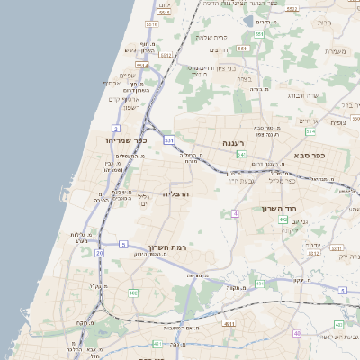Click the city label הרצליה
pyautogui.click(x=176, y=193)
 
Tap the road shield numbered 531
pyautogui.click(x=168, y=140)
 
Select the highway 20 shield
pyautogui.click(x=100, y=254)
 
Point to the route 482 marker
pyautogui.click(x=133, y=293)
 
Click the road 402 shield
pyautogui.click(x=283, y=220)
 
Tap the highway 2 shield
pyautogui.click(x=117, y=130)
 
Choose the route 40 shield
pyautogui.click(x=298, y=333)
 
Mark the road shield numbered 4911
pyautogui.click(x=229, y=324)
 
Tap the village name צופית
pyautogui.click(x=337, y=122)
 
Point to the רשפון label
pyautogui.click(x=130, y=107)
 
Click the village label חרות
pyautogui.click(x=325, y=22)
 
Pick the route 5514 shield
pyautogui.click(x=141, y=66)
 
